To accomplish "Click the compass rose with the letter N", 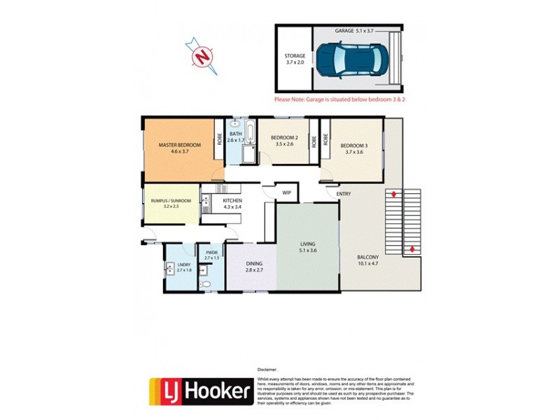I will click(202, 55).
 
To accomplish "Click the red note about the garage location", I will click(340, 100).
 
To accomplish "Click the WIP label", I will click(286, 192).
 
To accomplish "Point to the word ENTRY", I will click(344, 194).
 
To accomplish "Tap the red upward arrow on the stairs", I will click(412, 248).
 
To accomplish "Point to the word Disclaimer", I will click(267, 367).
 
